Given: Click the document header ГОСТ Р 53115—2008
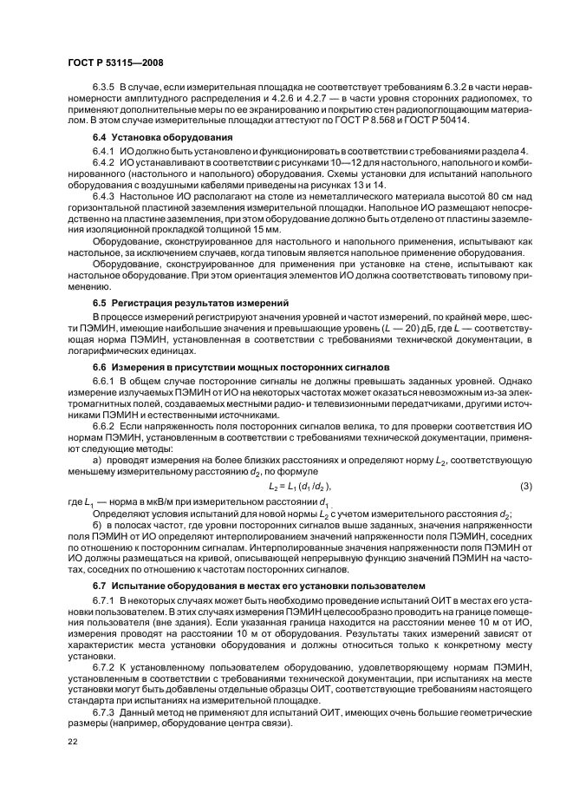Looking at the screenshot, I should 114,63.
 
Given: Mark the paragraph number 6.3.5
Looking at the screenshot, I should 104,89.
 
